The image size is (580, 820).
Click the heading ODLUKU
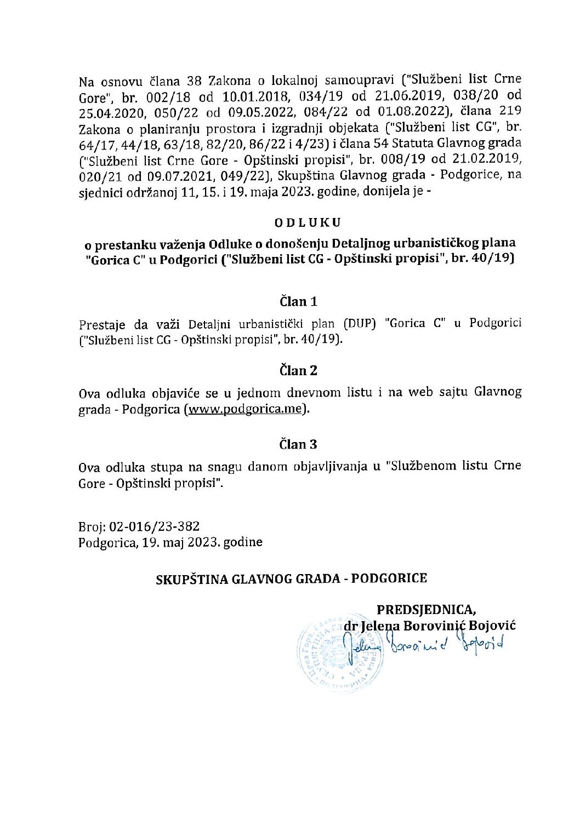(307, 222)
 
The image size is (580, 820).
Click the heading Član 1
(299, 301)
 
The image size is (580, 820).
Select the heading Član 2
(299, 371)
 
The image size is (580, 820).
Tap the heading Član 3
(299, 444)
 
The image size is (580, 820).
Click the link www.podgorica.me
(245, 410)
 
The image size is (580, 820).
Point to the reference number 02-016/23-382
(155, 527)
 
